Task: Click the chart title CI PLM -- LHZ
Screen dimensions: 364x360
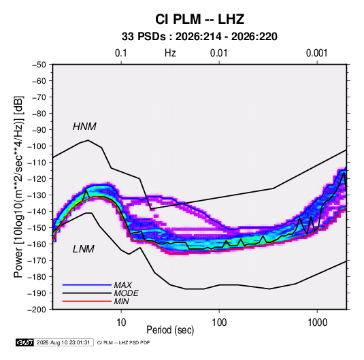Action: coord(199,19)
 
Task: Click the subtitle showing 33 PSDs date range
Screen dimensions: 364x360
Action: coord(199,37)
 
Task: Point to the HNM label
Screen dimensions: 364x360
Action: coord(84,127)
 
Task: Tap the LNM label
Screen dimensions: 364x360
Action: coord(84,249)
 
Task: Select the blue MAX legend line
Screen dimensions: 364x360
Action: coord(87,284)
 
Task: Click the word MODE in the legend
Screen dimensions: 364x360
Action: coord(126,293)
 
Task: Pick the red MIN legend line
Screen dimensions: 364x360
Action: coord(87,301)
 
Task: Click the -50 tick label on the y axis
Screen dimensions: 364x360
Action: coord(39,65)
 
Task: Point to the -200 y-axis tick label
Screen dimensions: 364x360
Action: coord(37,310)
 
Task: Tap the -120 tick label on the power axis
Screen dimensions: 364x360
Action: coord(37,179)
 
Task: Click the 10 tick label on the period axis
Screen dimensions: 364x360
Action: coord(121,323)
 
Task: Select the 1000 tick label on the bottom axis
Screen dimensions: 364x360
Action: coord(317,323)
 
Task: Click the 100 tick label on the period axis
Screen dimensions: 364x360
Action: coord(219,323)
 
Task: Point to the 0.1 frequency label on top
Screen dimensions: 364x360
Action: coord(121,53)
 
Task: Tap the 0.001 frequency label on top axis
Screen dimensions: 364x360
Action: coord(317,53)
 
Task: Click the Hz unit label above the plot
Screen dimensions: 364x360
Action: coord(170,53)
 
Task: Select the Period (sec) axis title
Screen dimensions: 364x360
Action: coord(170,330)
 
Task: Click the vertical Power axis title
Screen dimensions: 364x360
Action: coord(18,186)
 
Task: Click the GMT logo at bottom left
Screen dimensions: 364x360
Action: coord(25,342)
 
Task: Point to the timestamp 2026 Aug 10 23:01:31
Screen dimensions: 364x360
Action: coord(63,342)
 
